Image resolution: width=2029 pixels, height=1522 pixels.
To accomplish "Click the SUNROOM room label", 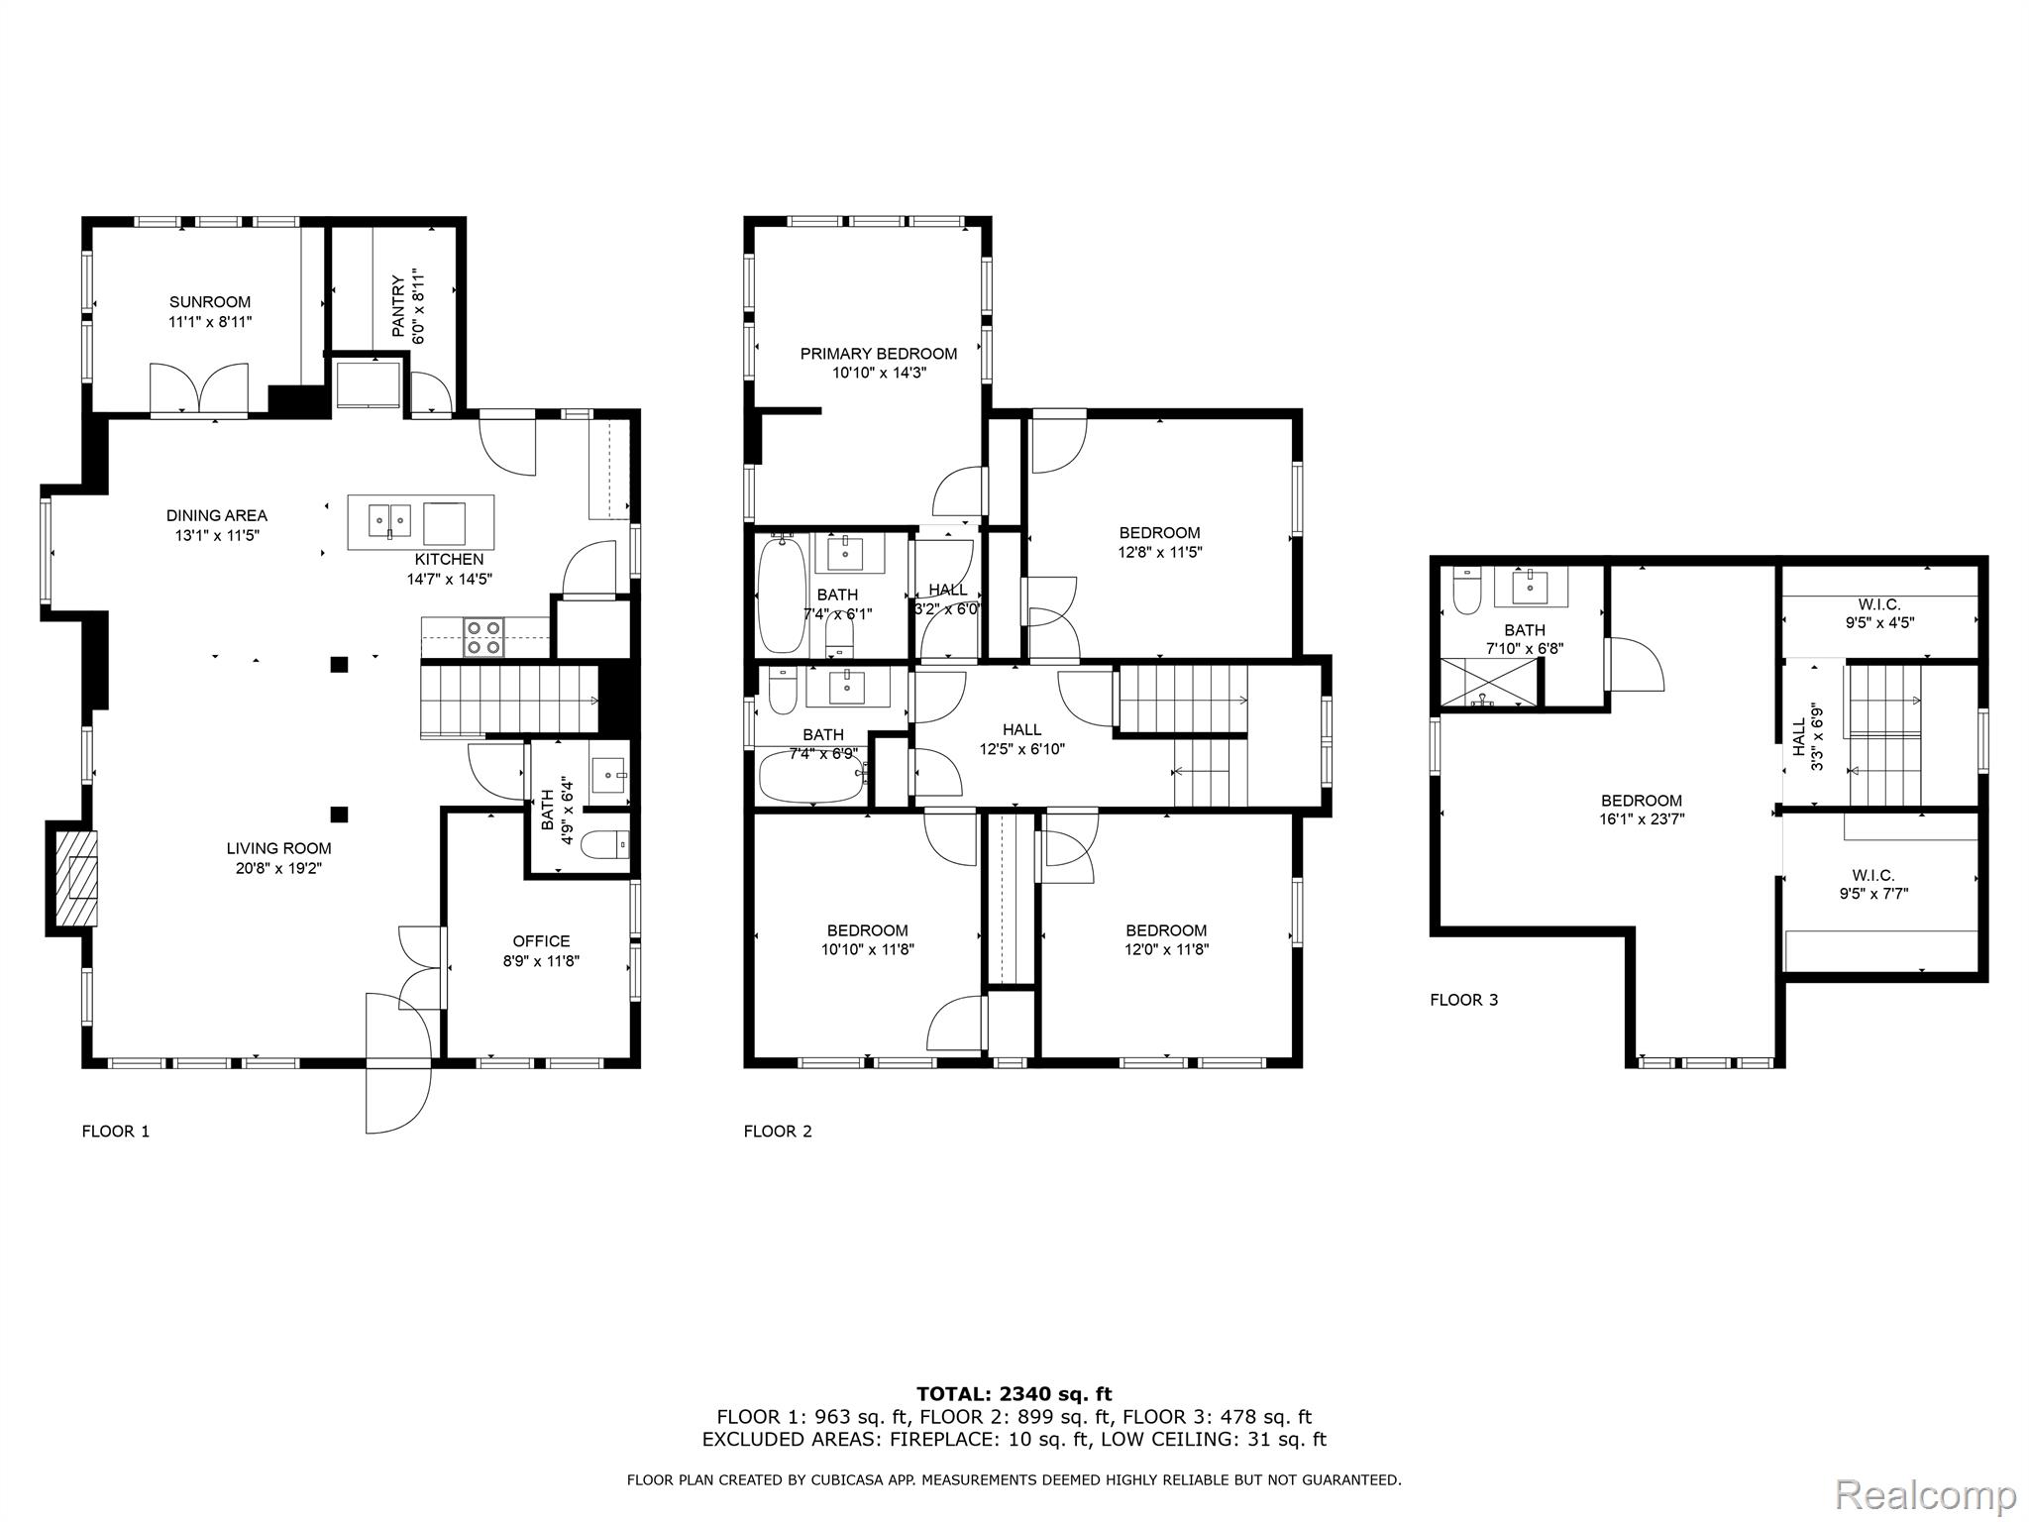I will click(x=209, y=302).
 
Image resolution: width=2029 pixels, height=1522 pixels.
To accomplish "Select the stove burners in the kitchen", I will click(x=484, y=637).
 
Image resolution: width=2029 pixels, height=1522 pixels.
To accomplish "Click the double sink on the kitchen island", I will click(x=389, y=517).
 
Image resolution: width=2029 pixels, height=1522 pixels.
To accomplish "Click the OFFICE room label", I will click(x=541, y=941).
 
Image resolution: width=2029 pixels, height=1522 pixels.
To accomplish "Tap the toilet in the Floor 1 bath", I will click(x=603, y=845).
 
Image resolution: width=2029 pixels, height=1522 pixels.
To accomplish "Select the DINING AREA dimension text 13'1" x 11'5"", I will click(x=216, y=536).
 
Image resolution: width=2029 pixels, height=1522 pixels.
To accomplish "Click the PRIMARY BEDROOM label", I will click(x=879, y=354).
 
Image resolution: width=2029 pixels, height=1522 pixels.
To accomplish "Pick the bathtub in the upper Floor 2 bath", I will click(x=783, y=595).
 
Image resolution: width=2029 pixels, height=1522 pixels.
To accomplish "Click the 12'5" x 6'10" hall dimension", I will click(x=1021, y=750).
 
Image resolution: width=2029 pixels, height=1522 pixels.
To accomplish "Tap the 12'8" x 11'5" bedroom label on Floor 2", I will click(x=1159, y=553).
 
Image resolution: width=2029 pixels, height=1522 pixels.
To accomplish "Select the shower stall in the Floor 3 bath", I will click(x=1487, y=683).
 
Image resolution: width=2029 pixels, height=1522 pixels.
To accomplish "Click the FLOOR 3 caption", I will click(x=1463, y=1000).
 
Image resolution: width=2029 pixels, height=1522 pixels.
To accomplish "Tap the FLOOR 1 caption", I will click(x=115, y=1132).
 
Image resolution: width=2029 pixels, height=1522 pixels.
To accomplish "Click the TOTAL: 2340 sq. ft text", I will click(x=1014, y=1394).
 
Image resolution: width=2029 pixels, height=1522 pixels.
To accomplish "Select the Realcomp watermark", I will click(x=1925, y=1493).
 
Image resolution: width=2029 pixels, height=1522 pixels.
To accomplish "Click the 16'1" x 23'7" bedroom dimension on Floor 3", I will click(x=1642, y=819).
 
